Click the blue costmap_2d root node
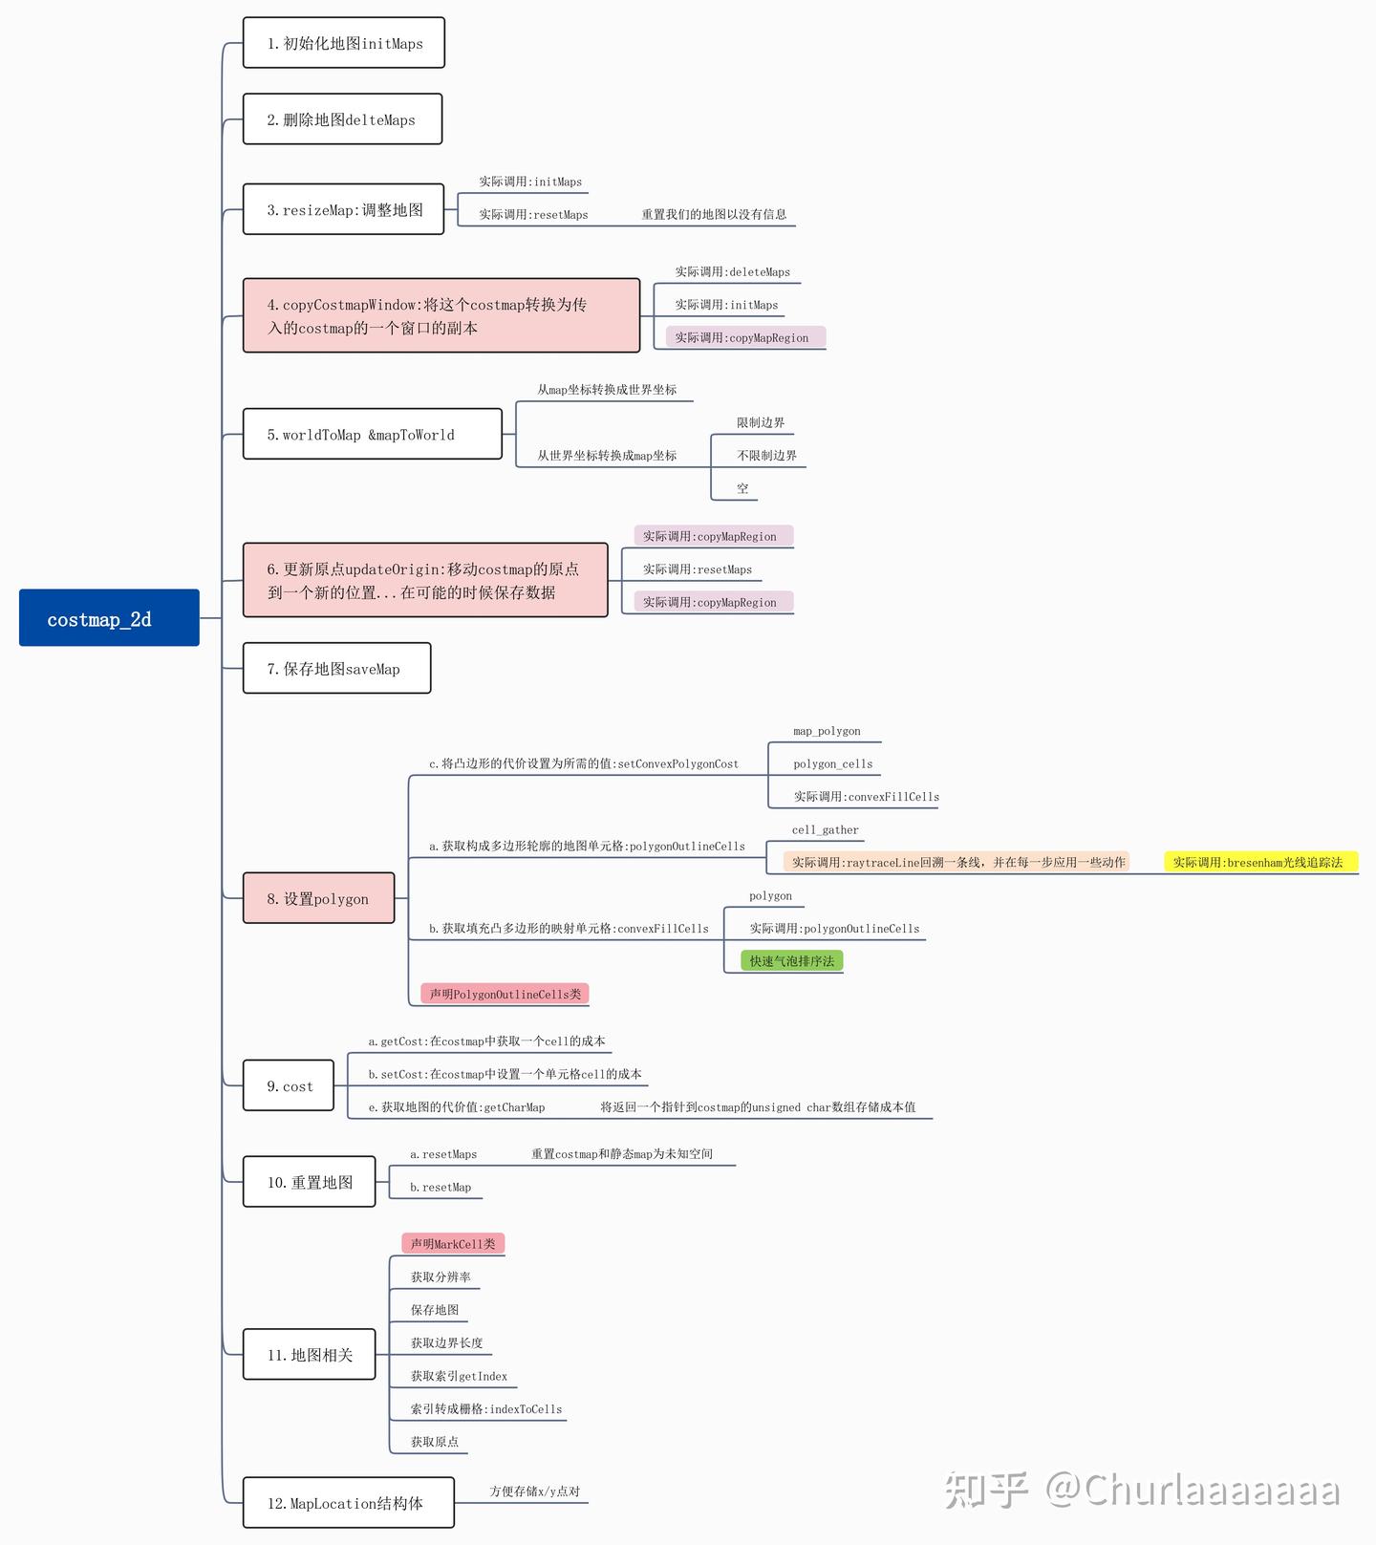109,618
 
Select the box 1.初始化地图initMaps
344,43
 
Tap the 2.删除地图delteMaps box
342,119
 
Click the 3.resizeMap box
344,209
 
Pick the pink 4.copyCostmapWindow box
441,315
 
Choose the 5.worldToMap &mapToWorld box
372,434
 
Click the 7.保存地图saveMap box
336,668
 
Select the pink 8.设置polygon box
318,898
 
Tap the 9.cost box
289,1085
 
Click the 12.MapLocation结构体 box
348,1503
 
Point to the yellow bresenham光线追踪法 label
1258,862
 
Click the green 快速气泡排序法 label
791,960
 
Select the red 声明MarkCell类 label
453,1243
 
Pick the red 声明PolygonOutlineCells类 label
505,994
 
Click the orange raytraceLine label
957,862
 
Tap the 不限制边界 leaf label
766,456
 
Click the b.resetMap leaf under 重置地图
441,1187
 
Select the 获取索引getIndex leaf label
459,1376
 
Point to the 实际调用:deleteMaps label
732,271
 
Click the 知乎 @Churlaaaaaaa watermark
1143,1490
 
